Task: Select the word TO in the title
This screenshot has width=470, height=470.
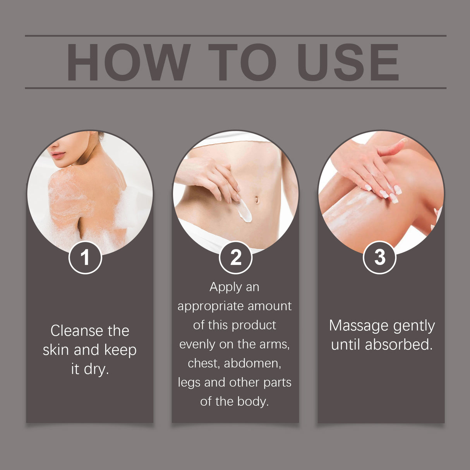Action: click(242, 62)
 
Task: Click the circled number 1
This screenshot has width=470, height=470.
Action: click(85, 257)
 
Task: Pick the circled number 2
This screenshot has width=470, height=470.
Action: click(235, 257)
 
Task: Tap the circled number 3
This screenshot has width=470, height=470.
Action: click(379, 257)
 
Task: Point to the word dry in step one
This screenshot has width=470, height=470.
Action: click(96, 369)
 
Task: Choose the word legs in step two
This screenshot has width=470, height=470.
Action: click(189, 383)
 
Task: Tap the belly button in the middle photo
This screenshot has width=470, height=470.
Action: click(256, 200)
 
